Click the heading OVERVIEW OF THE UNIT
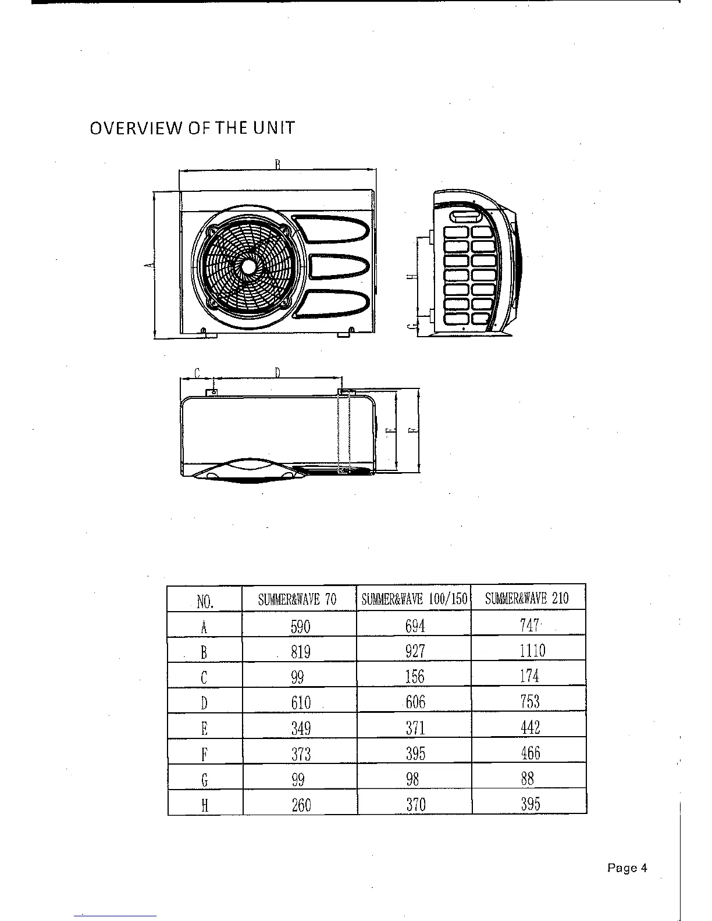192,128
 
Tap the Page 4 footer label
627,868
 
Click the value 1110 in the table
532,650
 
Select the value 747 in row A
529,626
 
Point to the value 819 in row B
301,652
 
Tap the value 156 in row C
415,677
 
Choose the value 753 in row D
530,701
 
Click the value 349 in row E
301,728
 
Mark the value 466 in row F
530,753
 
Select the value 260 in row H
301,805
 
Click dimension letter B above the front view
278,164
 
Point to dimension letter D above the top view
277,373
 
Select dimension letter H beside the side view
410,277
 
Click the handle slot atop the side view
464,216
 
